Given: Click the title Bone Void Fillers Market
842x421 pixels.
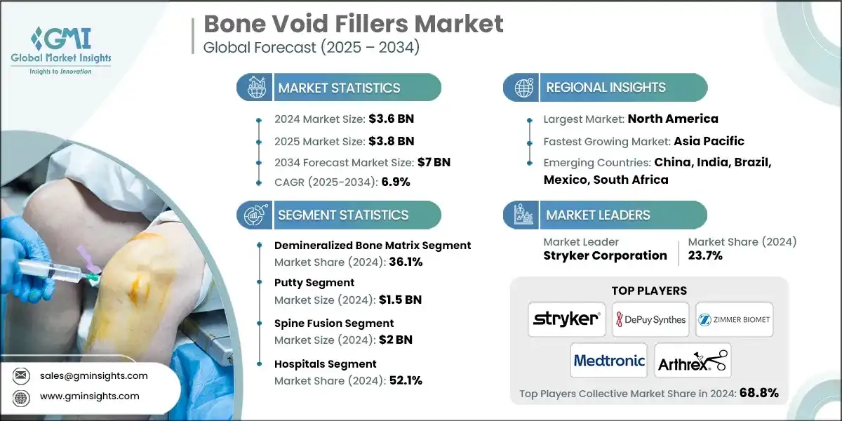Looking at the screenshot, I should point(353,25).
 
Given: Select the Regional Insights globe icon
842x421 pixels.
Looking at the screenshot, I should point(523,88).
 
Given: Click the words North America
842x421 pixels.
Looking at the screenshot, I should point(672,119).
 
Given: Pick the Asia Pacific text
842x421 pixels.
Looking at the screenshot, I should point(709,140).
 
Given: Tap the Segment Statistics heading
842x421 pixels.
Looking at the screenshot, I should point(342,215).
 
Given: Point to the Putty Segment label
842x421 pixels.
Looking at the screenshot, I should point(314,282).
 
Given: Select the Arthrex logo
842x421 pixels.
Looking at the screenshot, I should point(693,361).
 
